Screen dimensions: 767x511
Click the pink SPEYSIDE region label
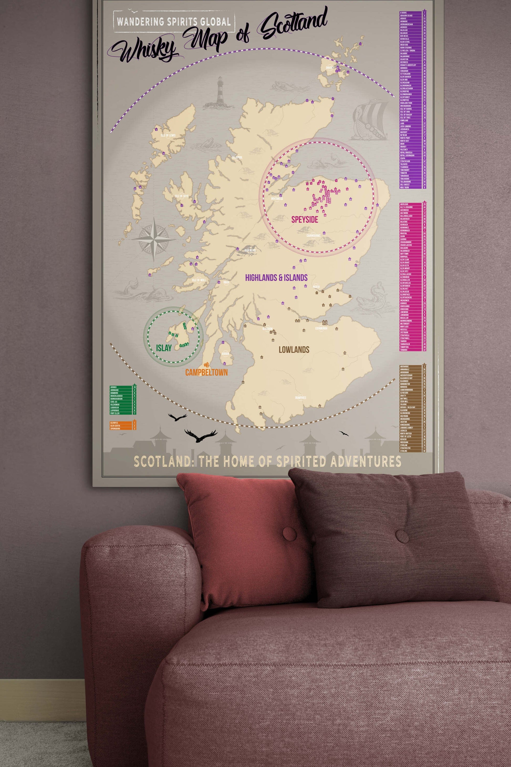tap(304, 219)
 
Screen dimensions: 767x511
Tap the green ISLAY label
tap(164, 348)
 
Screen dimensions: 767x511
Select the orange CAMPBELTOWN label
tap(206, 372)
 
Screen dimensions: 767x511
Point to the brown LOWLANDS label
tap(294, 350)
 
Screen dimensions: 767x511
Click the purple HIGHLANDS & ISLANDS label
tap(276, 278)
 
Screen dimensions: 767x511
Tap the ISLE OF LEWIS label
tap(168, 135)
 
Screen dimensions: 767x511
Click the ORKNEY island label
tap(330, 68)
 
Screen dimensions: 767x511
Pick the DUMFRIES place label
tap(300, 398)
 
